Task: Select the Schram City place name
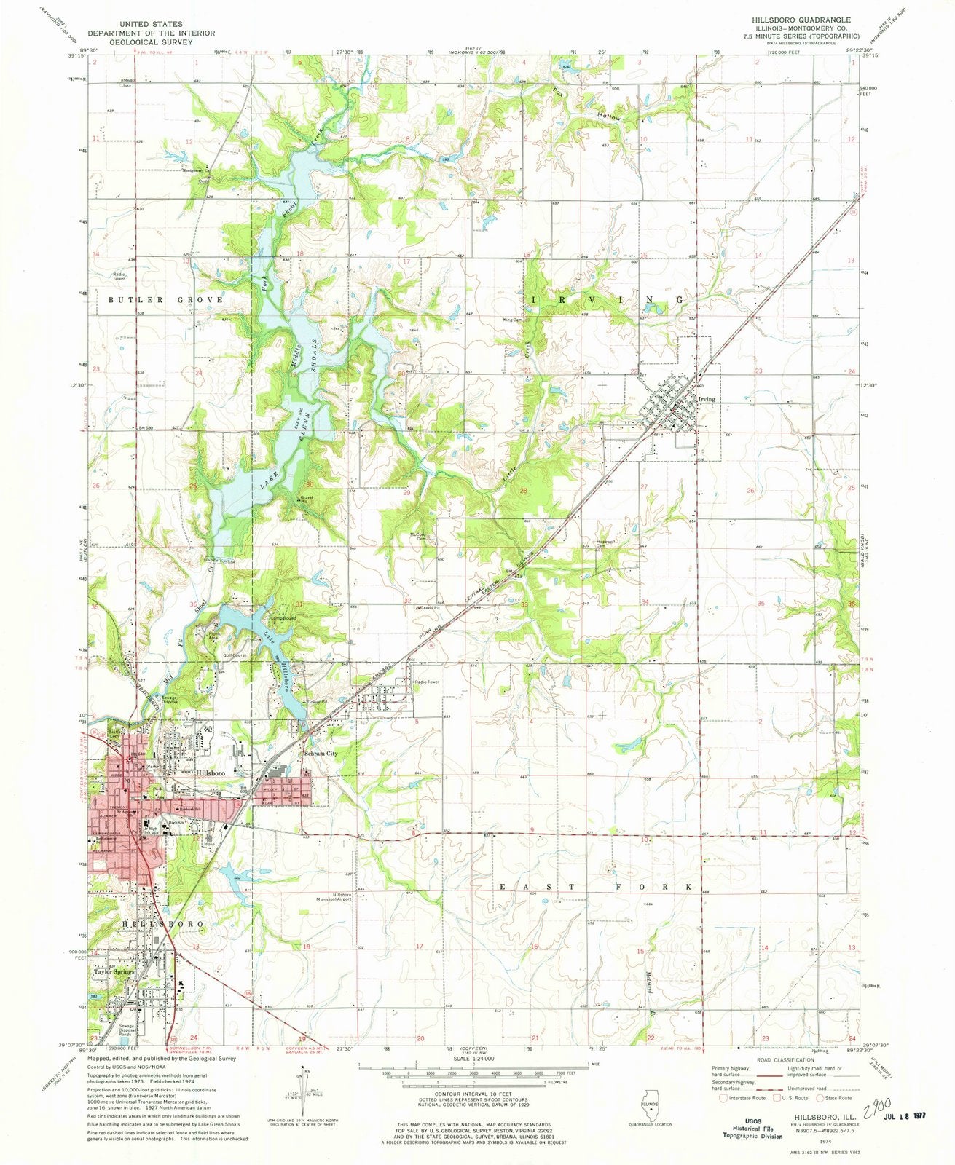[x=321, y=754]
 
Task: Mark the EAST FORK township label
[x=594, y=887]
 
